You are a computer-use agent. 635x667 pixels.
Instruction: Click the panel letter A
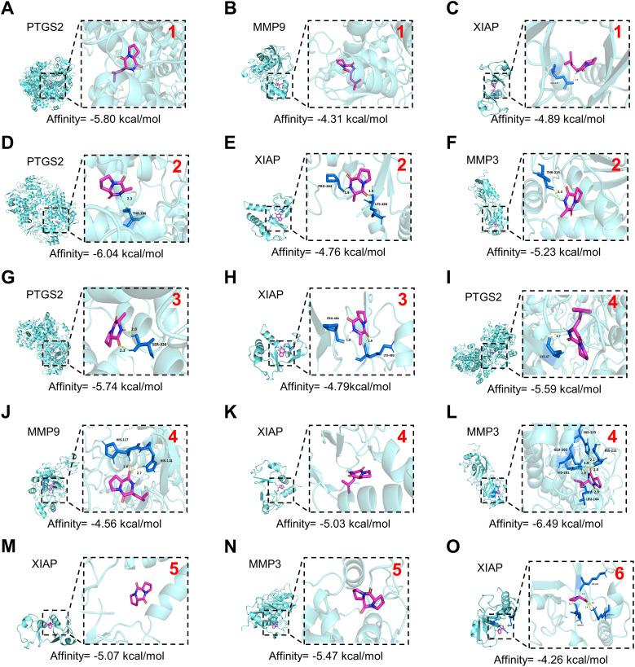[x=8, y=10]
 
